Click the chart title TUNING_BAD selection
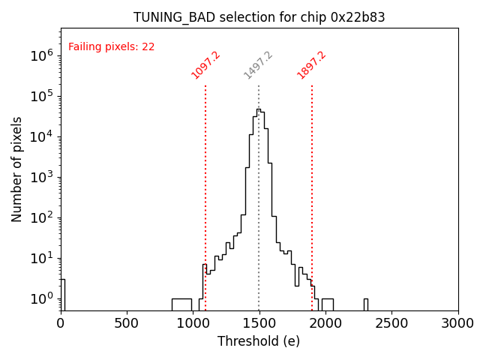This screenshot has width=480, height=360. point(259,17)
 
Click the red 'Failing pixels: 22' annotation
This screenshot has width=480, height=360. point(111,47)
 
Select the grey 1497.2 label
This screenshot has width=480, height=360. point(259,65)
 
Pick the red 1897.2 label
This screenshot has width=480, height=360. point(312,65)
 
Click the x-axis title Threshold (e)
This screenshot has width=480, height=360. point(259,341)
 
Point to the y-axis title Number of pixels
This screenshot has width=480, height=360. point(17,169)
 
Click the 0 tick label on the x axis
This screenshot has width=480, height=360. point(61,323)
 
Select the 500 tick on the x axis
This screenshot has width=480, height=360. point(127,323)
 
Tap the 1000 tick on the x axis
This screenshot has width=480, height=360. point(193,323)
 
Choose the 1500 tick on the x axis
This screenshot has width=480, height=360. point(259,323)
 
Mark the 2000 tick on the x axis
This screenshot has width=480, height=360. point(325,323)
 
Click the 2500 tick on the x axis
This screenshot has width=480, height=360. point(391,323)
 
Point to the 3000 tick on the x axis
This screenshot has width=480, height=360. point(457,323)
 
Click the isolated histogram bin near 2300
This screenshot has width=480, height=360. point(365,304)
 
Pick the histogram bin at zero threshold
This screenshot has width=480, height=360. point(62,294)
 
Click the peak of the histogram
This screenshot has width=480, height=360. point(258,109)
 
